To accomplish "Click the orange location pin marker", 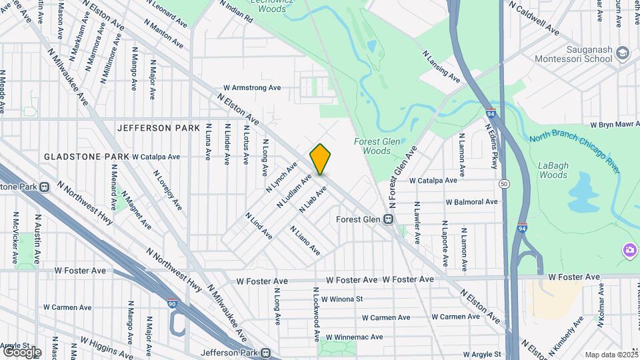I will (x=320, y=159).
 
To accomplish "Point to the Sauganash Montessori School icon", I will (x=622, y=53).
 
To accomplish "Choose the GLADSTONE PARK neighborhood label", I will (x=87, y=157).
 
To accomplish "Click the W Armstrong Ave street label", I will (x=252, y=87).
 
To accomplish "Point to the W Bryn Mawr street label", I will (x=615, y=125).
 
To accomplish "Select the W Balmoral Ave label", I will (x=471, y=201).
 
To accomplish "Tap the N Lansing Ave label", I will (x=441, y=67).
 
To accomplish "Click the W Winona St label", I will (x=342, y=299).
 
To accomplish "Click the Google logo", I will (x=22, y=351).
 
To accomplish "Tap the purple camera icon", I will (x=629, y=251).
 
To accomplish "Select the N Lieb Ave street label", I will (x=313, y=199).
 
